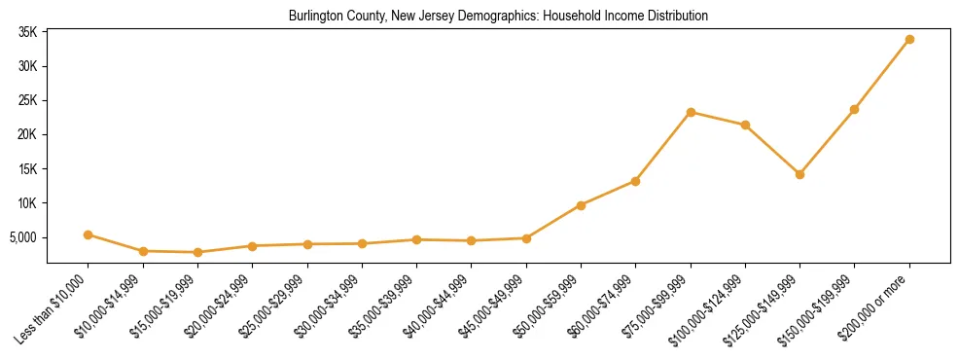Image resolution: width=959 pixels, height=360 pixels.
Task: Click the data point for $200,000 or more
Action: (909, 39)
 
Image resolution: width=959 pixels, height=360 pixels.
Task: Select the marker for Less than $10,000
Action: (88, 234)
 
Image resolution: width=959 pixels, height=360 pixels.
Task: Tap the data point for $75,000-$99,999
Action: (691, 112)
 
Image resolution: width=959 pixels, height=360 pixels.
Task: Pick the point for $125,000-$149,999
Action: (799, 174)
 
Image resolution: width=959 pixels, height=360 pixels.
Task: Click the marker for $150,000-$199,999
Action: (854, 109)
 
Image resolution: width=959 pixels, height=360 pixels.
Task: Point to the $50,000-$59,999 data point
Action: (581, 205)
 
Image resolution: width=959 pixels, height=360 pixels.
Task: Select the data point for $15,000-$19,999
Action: (197, 252)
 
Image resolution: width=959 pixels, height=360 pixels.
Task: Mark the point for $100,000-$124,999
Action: (745, 125)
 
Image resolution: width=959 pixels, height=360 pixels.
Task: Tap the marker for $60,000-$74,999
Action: (635, 181)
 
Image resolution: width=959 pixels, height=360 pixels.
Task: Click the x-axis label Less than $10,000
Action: (55, 306)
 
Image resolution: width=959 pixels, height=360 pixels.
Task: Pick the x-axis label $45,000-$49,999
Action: (493, 306)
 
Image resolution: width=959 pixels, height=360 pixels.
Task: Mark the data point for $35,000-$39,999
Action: (416, 239)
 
